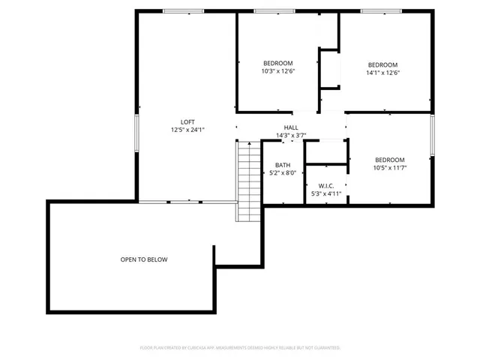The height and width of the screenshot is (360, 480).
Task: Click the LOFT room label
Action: click(x=187, y=121)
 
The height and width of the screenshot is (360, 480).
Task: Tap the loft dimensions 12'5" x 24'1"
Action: click(x=187, y=130)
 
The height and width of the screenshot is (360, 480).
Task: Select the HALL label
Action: click(x=291, y=127)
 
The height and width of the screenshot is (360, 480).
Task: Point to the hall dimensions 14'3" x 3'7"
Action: click(x=291, y=136)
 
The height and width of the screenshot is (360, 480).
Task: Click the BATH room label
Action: click(x=282, y=165)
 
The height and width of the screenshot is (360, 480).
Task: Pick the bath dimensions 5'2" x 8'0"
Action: click(x=282, y=172)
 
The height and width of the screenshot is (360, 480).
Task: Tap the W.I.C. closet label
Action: click(x=325, y=186)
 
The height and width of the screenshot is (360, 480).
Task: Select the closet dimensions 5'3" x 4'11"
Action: click(x=325, y=194)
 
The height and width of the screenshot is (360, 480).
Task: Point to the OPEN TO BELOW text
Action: click(x=144, y=259)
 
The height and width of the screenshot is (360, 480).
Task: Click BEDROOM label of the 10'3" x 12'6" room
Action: click(x=277, y=63)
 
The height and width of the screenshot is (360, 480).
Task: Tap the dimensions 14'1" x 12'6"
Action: click(x=382, y=73)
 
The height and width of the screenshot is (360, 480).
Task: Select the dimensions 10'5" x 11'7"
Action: click(x=389, y=168)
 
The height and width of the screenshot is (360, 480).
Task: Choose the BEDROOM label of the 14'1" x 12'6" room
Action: click(x=382, y=64)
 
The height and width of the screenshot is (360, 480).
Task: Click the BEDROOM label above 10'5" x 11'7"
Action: click(x=389, y=160)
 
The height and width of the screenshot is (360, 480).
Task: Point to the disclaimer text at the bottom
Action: click(x=240, y=348)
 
